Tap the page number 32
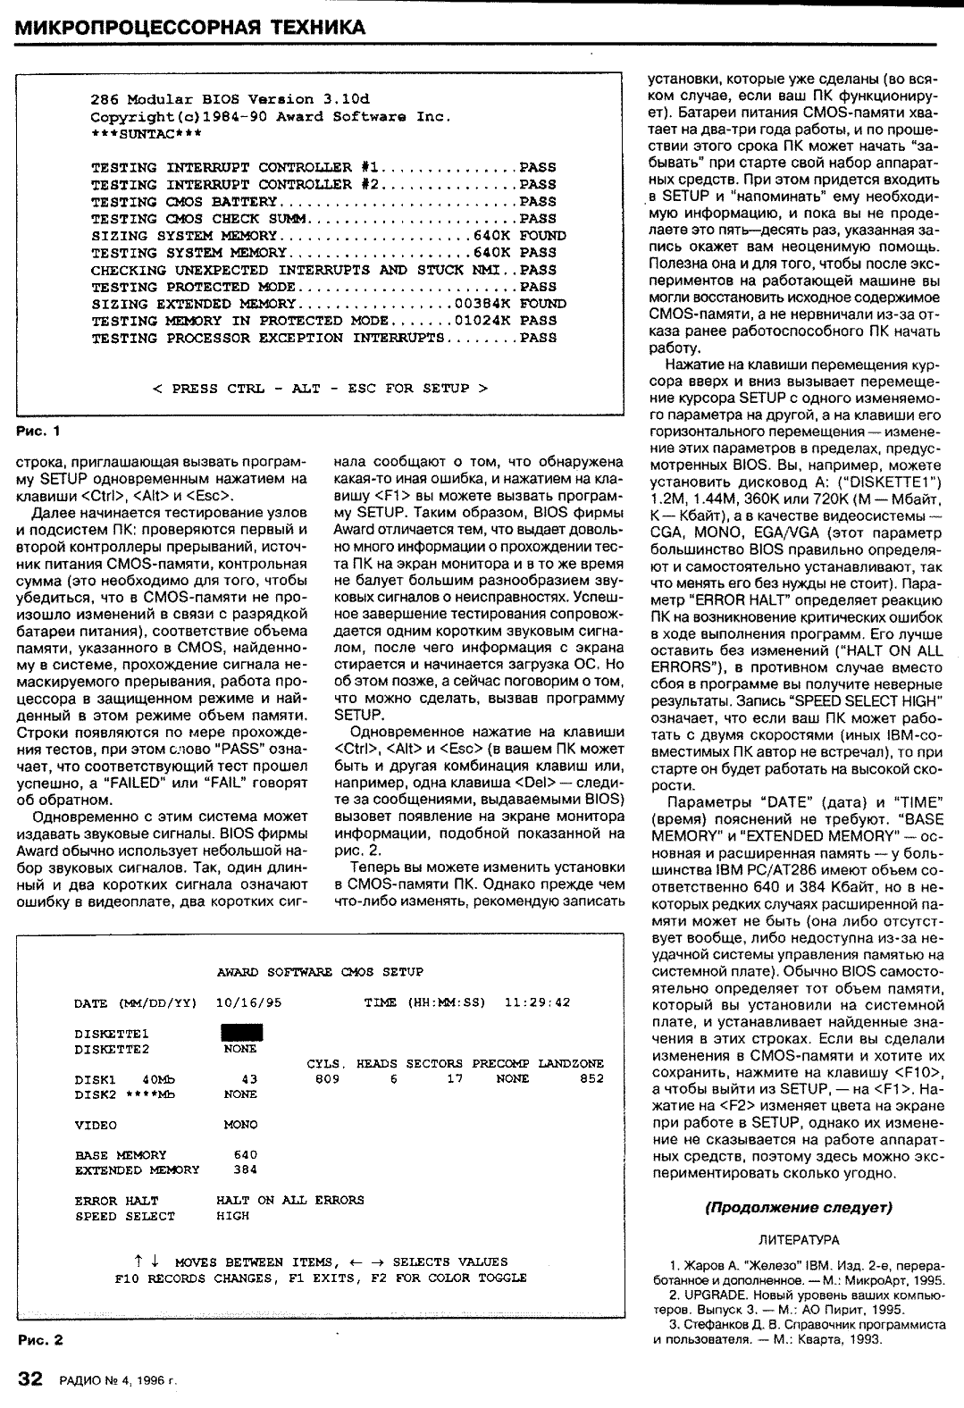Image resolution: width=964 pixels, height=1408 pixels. pyautogui.click(x=29, y=1379)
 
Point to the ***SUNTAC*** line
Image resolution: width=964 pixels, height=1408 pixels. pyautogui.click(x=147, y=133)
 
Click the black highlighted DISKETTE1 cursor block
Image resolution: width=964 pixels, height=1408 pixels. pyautogui.click(x=240, y=1034)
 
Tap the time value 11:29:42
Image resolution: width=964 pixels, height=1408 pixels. pyautogui.click(x=538, y=1002)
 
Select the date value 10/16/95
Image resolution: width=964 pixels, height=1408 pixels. pyautogui.click(x=249, y=1002)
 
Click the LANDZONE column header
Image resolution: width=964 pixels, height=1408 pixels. pyautogui.click(x=572, y=1063)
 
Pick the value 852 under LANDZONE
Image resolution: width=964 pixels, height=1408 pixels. pyautogui.click(x=592, y=1078)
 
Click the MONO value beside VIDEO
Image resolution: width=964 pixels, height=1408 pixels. pyautogui.click(x=240, y=1125)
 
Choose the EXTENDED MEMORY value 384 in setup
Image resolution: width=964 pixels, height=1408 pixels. pyautogui.click(x=245, y=1169)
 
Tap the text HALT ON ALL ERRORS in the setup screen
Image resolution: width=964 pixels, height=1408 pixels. pyautogui.click(x=290, y=1200)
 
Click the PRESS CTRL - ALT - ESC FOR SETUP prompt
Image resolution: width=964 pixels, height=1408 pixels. pyautogui.click(x=321, y=388)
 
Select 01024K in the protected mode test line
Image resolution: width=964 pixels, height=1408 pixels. pyautogui.click(x=482, y=321)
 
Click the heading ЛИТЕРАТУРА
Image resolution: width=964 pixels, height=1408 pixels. pyautogui.click(x=798, y=1240)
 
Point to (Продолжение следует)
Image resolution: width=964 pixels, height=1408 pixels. pyautogui.click(x=799, y=1208)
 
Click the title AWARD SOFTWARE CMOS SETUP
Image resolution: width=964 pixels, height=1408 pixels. pyautogui.click(x=321, y=971)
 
